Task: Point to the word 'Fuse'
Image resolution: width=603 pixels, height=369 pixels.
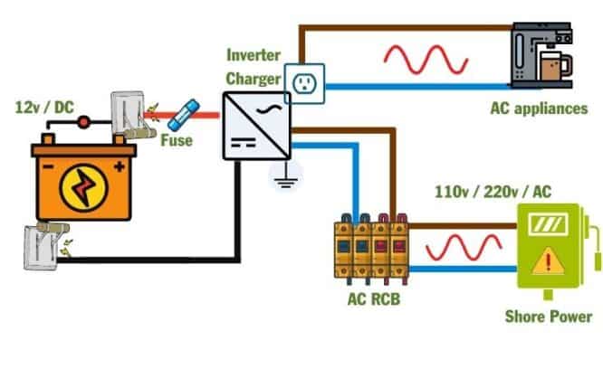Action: point(177,140)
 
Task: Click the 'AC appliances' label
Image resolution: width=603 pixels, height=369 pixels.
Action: point(538,110)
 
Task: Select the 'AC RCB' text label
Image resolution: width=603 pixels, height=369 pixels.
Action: point(371,298)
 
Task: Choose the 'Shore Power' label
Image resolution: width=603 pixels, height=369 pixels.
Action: point(550,317)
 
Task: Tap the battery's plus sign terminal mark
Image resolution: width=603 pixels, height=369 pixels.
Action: point(118,166)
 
